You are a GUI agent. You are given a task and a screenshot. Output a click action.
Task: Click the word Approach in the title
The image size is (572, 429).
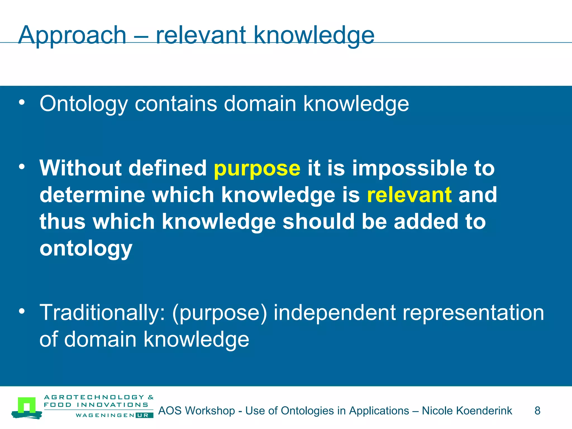[72, 35]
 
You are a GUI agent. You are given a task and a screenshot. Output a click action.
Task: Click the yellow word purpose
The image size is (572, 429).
[257, 168]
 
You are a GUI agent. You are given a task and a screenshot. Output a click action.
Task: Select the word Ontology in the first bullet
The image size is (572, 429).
[84, 104]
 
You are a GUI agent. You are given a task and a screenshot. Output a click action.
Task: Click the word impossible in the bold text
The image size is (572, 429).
[409, 168]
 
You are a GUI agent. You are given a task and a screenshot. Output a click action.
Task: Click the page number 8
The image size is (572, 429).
[537, 411]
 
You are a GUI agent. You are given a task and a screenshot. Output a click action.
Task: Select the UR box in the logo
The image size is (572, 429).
[144, 415]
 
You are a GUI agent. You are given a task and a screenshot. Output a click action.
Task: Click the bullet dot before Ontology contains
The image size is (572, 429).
[22, 103]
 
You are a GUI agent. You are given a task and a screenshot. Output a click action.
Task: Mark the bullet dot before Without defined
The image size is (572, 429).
[22, 167]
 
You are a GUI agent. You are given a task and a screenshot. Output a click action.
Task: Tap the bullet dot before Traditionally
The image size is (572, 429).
[22, 311]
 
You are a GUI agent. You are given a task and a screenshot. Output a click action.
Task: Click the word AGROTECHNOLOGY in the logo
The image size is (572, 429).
[94, 397]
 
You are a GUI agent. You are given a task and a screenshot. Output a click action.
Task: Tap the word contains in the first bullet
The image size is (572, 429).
[176, 104]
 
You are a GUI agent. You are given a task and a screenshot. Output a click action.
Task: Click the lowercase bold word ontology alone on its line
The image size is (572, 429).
[86, 249]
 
